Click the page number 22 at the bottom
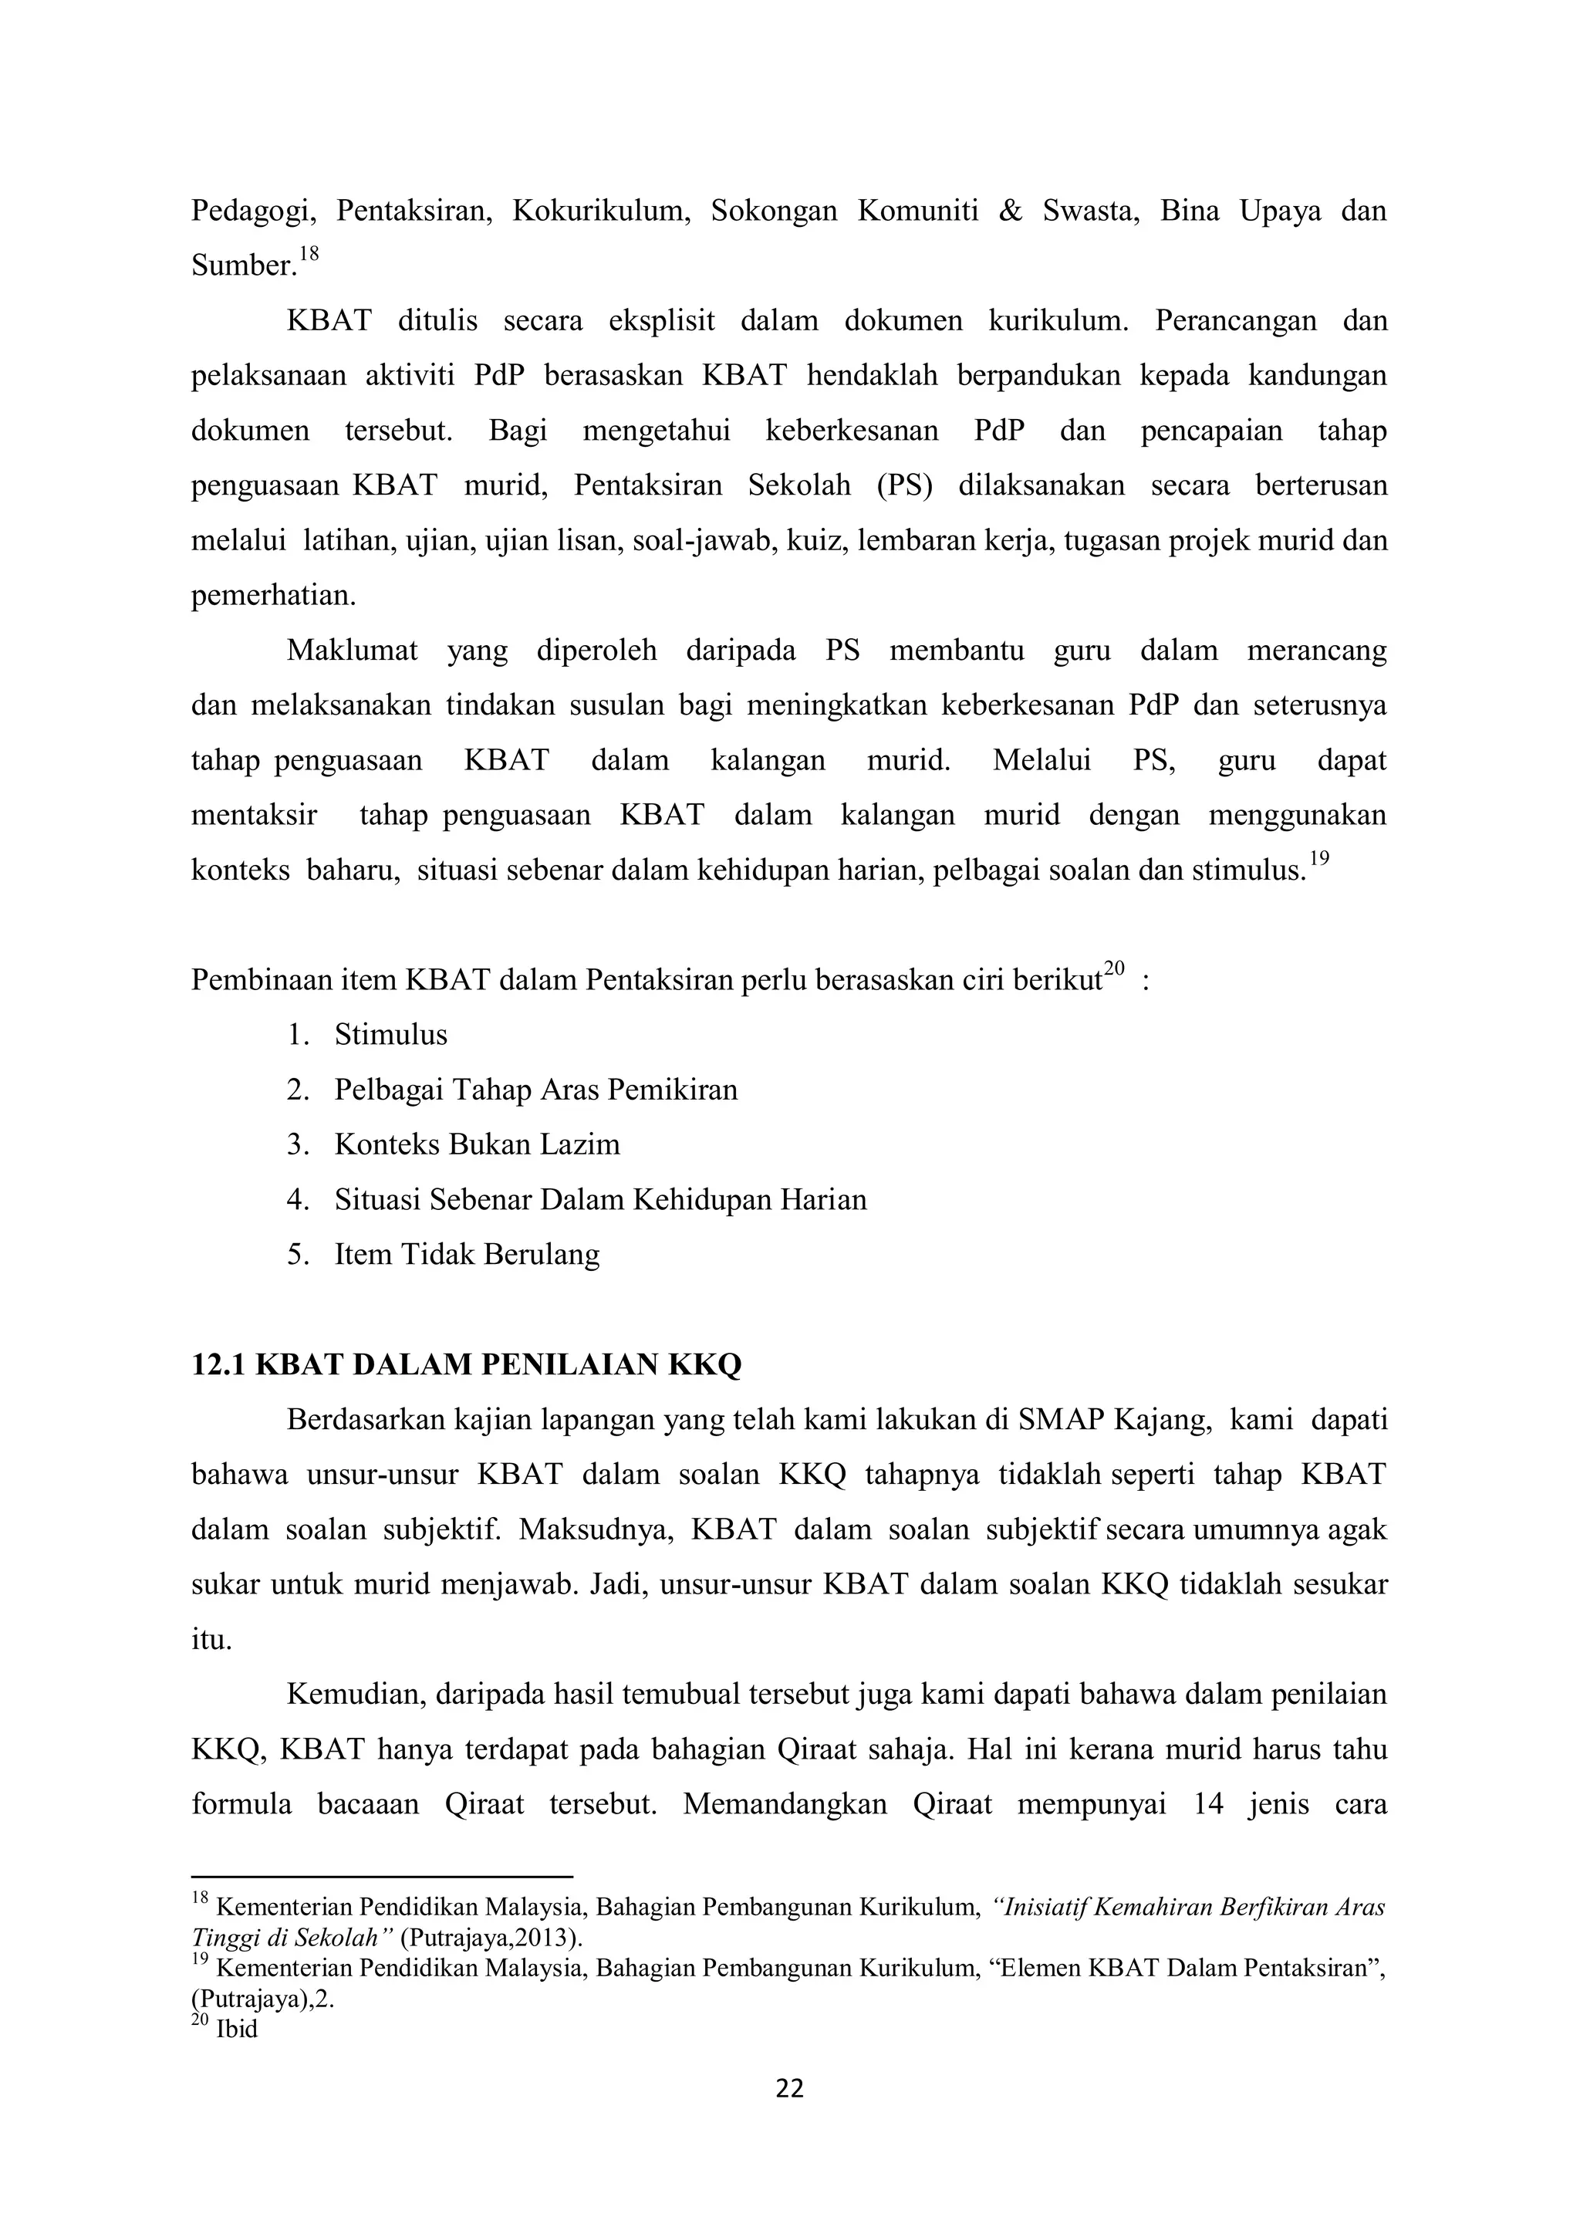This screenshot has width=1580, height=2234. click(x=789, y=2089)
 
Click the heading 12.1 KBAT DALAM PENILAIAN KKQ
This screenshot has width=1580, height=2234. click(x=466, y=1365)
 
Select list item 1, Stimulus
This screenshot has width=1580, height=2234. click(x=390, y=1034)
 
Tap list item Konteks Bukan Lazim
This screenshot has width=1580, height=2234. click(x=477, y=1144)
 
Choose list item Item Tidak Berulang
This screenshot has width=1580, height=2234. click(x=467, y=1254)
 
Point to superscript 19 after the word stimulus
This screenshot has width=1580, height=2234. click(x=1318, y=859)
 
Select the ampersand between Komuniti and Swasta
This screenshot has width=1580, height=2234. click(x=1011, y=211)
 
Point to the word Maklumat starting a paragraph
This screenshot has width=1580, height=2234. click(x=353, y=650)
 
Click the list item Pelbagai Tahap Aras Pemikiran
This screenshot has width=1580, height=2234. click(x=535, y=1090)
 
